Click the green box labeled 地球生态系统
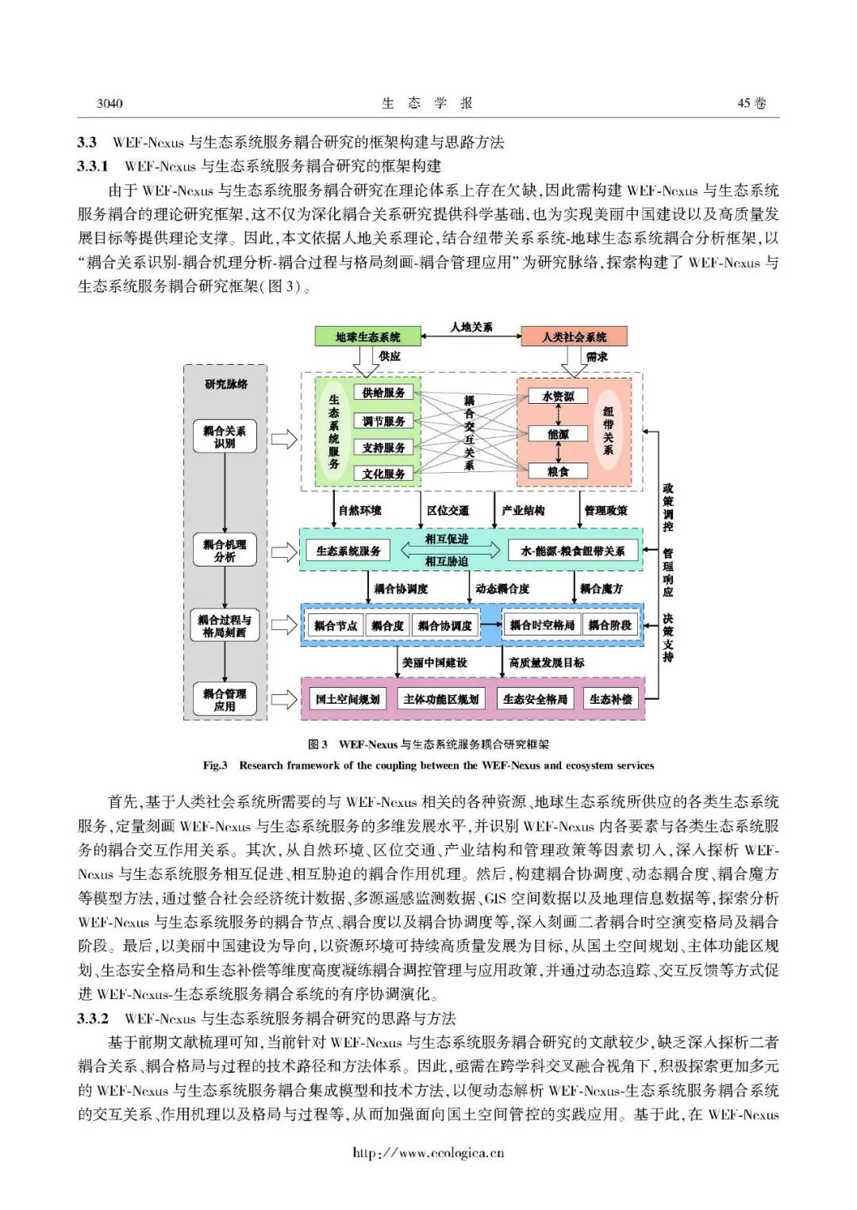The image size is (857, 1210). (367, 336)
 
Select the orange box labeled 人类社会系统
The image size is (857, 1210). (574, 336)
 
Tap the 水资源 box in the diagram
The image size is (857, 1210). (558, 396)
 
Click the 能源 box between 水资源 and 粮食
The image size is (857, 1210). (558, 434)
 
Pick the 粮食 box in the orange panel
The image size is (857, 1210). (558, 471)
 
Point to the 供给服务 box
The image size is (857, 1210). (383, 393)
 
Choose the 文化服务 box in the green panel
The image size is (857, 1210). (383, 474)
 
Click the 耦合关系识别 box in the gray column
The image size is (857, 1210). (225, 437)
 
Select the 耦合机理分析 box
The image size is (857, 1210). (225, 551)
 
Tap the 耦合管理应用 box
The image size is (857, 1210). (225, 700)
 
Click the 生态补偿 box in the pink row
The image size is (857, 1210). (610, 699)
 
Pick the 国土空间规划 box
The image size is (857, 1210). (348, 699)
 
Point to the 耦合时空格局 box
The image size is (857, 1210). (541, 625)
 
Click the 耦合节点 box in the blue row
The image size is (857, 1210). (335, 625)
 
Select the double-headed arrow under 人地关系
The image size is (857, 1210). (471, 337)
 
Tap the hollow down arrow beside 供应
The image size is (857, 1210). (366, 361)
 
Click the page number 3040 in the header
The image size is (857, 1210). (110, 103)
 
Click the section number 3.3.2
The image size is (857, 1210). (93, 1018)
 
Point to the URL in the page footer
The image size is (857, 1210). (428, 1153)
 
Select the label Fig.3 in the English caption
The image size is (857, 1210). (215, 766)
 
